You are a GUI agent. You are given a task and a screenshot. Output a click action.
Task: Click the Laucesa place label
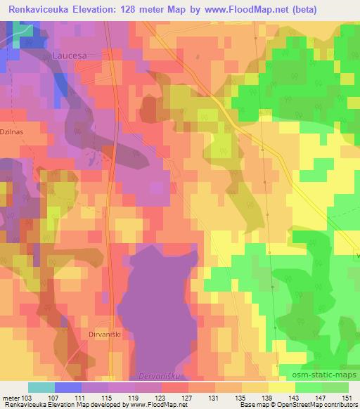pyautogui.click(x=70, y=53)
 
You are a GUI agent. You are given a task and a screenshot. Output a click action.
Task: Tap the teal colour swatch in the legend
pyautogui.click(x=41, y=387)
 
